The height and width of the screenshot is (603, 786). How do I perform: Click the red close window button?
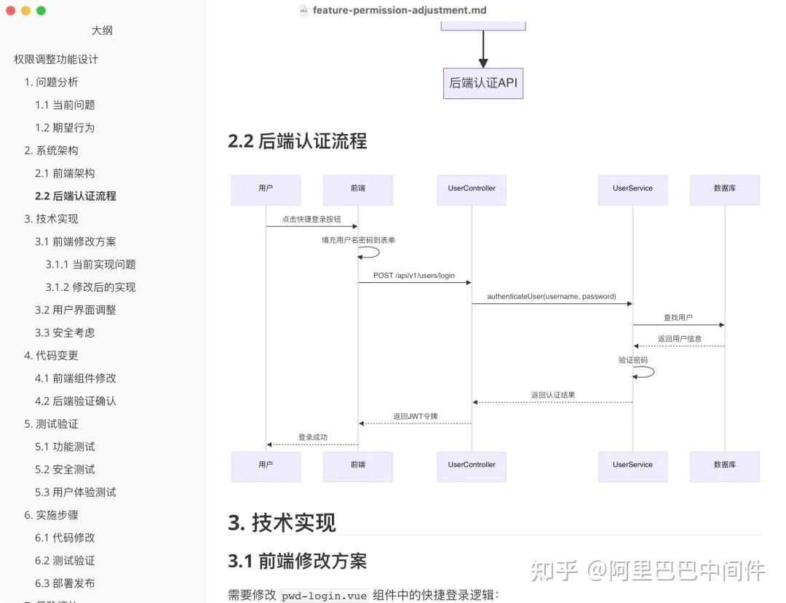10,10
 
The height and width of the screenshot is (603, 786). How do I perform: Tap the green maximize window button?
41,10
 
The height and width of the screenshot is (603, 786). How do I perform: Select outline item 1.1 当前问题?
65,105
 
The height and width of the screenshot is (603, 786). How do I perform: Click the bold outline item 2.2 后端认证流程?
75,196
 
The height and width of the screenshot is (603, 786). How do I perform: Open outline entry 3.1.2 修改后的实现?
90,287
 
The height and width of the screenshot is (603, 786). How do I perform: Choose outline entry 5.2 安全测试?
65,469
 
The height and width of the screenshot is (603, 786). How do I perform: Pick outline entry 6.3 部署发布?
65,583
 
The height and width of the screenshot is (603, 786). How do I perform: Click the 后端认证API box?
483,83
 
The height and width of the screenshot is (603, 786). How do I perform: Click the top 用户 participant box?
266,189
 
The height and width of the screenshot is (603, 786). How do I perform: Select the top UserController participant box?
472,189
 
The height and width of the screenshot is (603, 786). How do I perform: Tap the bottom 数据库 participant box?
725,466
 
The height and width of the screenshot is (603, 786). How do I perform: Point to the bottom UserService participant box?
632,466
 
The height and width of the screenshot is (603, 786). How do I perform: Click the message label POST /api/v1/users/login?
414,276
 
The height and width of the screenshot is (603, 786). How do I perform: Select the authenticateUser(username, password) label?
552,297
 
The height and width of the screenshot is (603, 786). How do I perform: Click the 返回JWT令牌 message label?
416,417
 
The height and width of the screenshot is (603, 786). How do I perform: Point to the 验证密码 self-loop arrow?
644,372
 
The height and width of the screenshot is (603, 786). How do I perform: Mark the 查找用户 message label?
678,318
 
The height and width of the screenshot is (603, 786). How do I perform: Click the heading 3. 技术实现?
282,522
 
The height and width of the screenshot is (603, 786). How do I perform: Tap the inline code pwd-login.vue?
325,595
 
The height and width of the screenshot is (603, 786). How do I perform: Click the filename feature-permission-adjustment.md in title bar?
400,10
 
